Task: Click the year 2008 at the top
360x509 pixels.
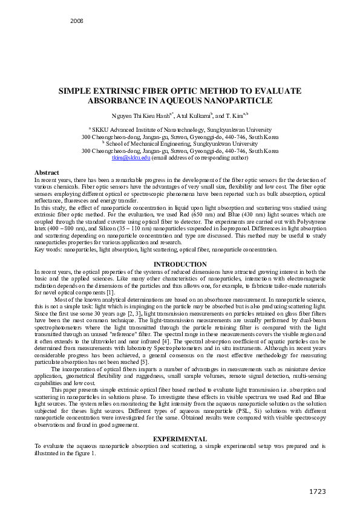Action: pyautogui.click(x=77, y=21)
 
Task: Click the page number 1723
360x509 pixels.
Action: pyautogui.click(x=319, y=490)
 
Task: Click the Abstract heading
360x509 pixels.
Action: pyautogui.click(x=47, y=173)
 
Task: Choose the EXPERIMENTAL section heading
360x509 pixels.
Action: pyautogui.click(x=180, y=438)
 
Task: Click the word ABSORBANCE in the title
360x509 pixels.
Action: pyautogui.click(x=119, y=100)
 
